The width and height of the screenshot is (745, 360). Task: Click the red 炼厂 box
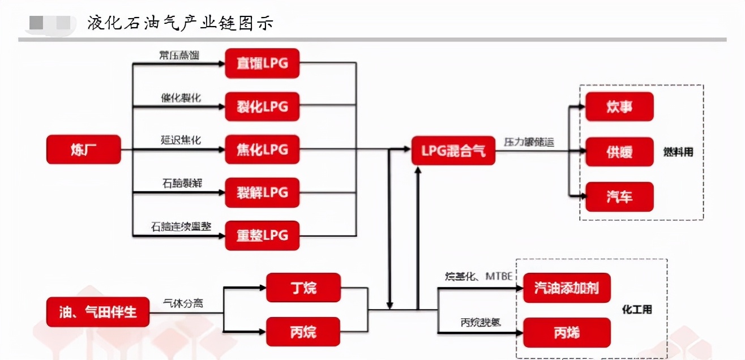tap(83, 149)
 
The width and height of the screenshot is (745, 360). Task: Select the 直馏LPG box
tap(262, 63)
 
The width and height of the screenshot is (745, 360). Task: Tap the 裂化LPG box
tap(262, 106)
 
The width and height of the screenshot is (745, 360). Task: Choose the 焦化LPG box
tap(262, 149)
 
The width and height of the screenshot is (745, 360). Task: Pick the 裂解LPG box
tap(262, 192)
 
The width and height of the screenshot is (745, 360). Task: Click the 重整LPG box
tap(262, 235)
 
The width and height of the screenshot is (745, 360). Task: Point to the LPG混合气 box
tap(453, 151)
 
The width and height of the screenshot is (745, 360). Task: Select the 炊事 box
tap(619, 106)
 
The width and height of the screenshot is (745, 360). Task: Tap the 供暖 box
tap(619, 152)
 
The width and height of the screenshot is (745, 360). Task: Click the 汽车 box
tap(619, 197)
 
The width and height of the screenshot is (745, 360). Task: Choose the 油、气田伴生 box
tap(98, 311)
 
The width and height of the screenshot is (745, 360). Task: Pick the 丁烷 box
tap(303, 288)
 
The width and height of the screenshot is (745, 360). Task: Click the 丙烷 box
tap(303, 332)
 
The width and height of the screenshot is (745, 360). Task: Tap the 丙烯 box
tap(567, 333)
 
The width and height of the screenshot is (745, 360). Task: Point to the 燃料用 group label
tap(678, 152)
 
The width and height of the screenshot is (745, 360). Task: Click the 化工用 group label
tap(637, 310)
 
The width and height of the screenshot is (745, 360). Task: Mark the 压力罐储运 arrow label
tap(528, 142)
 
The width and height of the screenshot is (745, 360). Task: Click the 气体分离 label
tap(183, 303)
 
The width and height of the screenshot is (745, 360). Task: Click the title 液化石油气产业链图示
tap(181, 23)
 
